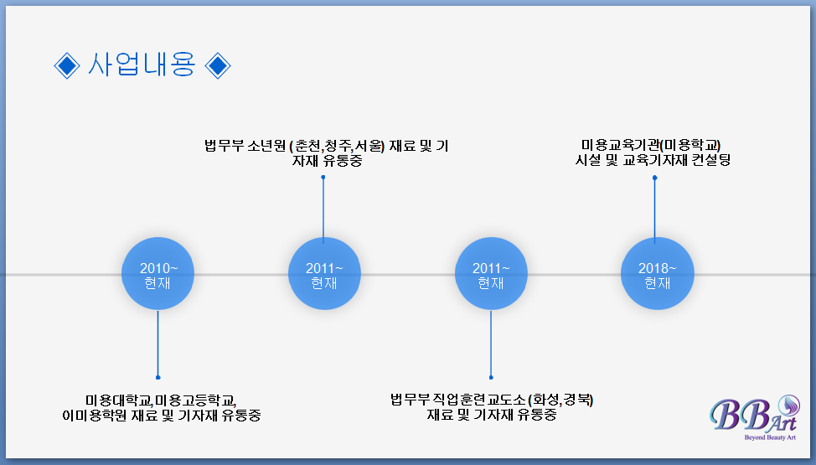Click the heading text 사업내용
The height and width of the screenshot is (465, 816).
pos(142,65)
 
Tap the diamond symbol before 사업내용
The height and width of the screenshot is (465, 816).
pos(66,65)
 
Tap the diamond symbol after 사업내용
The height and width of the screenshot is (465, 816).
pos(217,65)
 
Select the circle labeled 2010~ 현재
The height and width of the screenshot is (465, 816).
pos(158,275)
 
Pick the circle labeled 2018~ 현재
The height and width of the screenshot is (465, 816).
pos(657,275)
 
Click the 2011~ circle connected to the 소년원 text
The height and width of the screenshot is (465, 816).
pos(323,275)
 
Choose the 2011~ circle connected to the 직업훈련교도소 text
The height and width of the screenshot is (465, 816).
pos(491,275)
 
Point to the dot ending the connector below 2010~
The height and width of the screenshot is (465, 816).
pos(158,377)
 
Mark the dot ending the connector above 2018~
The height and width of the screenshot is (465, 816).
pos(655,178)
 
